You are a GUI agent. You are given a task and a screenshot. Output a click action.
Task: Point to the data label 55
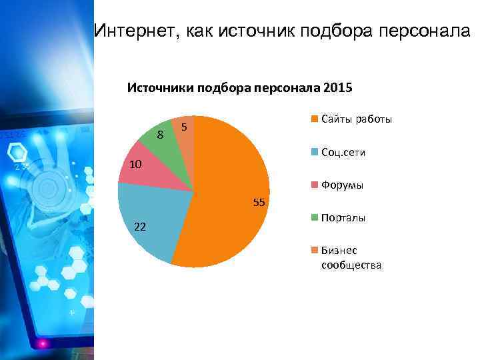259,202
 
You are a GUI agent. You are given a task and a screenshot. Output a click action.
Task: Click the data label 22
140,227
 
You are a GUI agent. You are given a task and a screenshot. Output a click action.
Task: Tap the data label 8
160,135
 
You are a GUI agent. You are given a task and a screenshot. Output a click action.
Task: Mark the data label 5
185,126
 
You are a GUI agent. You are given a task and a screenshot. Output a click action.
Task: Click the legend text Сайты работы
356,119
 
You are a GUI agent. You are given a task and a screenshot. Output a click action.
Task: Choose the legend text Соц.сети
343,153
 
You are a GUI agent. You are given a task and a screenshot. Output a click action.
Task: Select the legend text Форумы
342,185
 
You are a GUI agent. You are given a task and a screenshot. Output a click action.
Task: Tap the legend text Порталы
343,218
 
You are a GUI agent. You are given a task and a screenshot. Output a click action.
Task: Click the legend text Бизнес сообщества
351,258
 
